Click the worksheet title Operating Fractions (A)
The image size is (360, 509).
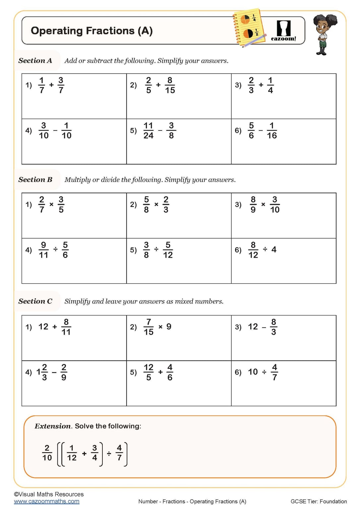point(91,31)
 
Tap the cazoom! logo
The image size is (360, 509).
point(283,31)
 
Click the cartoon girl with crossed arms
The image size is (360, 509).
point(323,34)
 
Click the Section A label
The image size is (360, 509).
point(35,61)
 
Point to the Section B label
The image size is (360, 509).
point(35,180)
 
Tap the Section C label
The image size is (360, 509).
point(35,301)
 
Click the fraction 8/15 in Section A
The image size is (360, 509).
point(170,85)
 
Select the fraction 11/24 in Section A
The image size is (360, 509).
point(148,131)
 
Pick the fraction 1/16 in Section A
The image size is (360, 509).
point(271,131)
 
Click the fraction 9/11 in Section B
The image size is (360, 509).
point(43,250)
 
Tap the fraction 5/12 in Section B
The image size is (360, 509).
point(168,250)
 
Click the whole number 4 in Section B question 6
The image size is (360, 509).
point(274,250)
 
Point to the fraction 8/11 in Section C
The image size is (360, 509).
point(66,327)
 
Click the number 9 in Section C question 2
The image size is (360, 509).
point(169,327)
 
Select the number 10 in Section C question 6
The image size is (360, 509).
point(253,372)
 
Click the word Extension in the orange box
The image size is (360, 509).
point(52,426)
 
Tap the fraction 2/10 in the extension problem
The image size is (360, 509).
point(47,453)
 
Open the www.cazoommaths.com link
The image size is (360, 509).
point(47,501)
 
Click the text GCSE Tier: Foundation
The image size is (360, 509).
point(319,501)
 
